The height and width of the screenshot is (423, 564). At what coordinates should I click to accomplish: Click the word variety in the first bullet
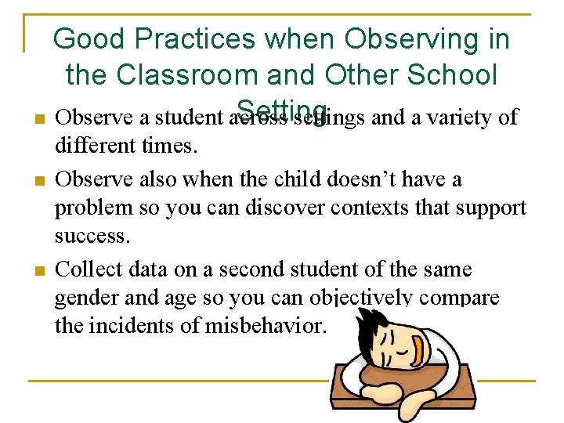(463, 117)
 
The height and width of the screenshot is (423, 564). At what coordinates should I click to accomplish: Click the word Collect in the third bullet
(85, 269)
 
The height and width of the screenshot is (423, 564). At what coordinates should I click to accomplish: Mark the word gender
(84, 298)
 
